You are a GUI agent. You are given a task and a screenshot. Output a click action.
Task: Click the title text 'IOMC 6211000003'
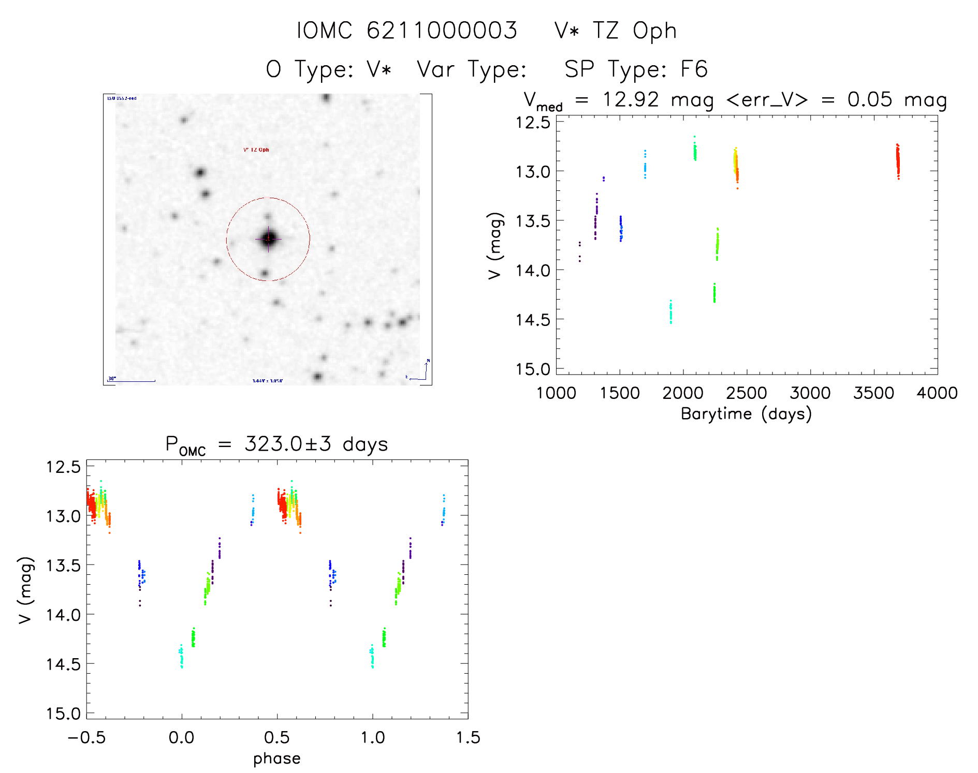[x=407, y=31]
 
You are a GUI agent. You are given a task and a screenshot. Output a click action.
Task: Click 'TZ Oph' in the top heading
[x=634, y=31]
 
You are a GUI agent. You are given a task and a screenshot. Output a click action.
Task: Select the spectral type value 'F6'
[x=694, y=69]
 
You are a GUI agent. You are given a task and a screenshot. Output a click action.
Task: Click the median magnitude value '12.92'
[x=631, y=99]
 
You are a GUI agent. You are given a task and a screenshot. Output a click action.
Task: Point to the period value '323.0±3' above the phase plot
[x=287, y=444]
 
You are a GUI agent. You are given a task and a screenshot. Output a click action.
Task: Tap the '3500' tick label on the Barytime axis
[x=874, y=393]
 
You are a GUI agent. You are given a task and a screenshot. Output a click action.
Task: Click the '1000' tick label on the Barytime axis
[x=556, y=393]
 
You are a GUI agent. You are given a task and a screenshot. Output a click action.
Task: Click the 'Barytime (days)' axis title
[x=746, y=414]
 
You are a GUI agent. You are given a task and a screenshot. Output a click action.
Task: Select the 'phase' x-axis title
[x=277, y=759]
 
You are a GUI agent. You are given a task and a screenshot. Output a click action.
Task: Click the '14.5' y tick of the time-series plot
[x=533, y=320]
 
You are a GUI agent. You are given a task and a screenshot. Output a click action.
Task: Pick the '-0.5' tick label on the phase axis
[x=86, y=738]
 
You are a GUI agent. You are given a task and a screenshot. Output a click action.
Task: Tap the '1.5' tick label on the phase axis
[x=468, y=738]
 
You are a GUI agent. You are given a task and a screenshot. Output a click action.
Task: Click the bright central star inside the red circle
[x=268, y=239]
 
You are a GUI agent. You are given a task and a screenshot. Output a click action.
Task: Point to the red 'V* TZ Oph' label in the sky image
[x=256, y=150]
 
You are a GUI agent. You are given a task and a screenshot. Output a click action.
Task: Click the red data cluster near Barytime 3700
[x=898, y=161]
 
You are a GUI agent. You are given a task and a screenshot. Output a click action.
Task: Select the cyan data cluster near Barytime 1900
[x=670, y=312]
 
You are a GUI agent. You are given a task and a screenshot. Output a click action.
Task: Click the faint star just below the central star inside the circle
[x=265, y=273]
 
